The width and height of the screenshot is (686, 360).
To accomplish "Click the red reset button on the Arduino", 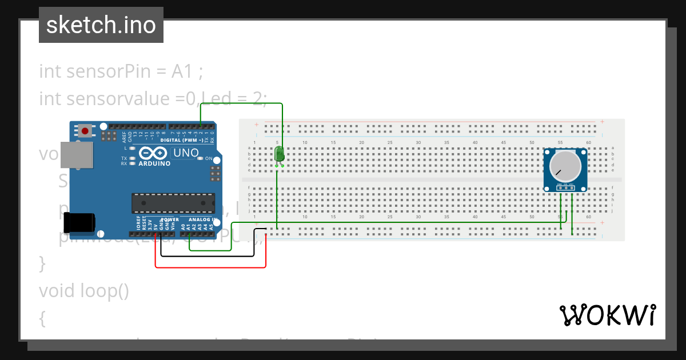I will (x=85, y=131).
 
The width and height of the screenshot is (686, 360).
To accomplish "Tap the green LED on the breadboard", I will (x=279, y=154).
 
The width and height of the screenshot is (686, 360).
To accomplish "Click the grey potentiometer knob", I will (x=565, y=166).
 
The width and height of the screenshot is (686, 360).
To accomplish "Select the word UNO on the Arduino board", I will (x=186, y=153).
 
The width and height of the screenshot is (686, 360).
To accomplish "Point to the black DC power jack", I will (x=78, y=222).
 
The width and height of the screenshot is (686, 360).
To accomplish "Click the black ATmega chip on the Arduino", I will (x=173, y=203).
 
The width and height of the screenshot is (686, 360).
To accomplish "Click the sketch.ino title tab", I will (x=101, y=25).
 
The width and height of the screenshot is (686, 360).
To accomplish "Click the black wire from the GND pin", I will (x=208, y=256).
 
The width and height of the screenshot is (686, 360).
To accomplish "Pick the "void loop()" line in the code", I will (x=84, y=291).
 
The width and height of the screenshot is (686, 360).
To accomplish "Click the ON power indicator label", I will (x=209, y=158).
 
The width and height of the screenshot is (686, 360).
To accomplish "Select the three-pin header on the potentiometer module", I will (x=565, y=187).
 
